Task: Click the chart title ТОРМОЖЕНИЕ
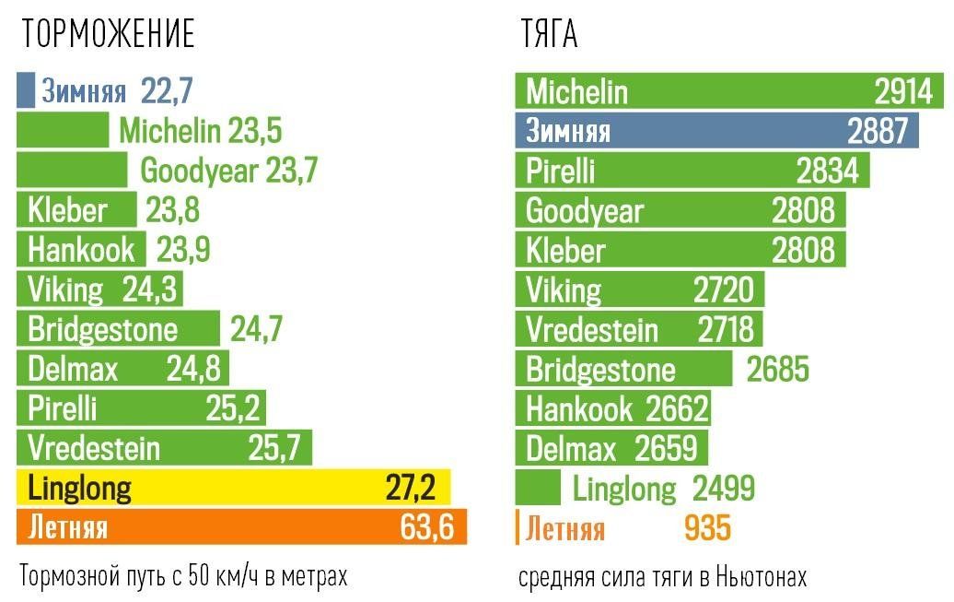[x=109, y=35]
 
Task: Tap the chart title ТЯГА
[x=549, y=35]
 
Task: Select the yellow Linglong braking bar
[x=233, y=488]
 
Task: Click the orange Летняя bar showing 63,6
[x=241, y=527]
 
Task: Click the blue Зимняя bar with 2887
[x=716, y=131]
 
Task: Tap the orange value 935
[x=707, y=528]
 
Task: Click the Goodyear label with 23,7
[x=228, y=171]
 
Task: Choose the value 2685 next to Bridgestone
[x=777, y=369]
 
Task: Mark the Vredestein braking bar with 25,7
[x=164, y=448]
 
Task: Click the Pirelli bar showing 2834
[x=692, y=171]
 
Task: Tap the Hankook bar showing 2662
[x=612, y=408]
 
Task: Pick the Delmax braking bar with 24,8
[x=122, y=369]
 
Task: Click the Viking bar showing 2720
[x=639, y=289]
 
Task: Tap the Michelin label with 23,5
[x=200, y=131]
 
